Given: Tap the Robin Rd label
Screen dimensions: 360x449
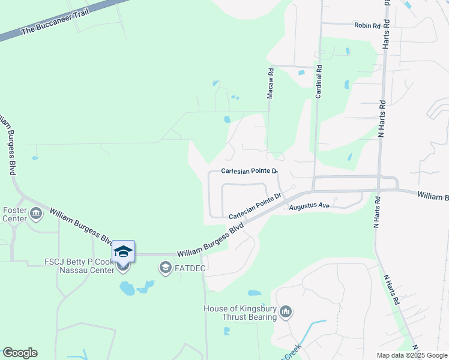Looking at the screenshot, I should tap(367, 25).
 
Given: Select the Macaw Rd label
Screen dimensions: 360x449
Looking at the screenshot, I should tap(271, 83).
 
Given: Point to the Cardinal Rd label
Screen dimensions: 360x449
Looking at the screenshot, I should tap(319, 82).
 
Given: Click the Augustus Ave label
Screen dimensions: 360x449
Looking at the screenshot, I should tap(309, 206).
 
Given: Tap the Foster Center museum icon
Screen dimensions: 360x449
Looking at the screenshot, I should tap(36, 212).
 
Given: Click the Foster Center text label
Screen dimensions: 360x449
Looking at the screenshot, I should tap(15, 214).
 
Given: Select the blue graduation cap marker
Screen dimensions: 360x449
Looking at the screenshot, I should tap(123, 251).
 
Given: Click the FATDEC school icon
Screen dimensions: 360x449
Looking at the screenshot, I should tap(166, 268).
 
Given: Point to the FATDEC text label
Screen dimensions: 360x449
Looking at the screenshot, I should tap(190, 268).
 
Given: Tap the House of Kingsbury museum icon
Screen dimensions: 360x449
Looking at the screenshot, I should tap(286, 312).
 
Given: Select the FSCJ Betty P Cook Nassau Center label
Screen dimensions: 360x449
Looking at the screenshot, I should tap(79, 266).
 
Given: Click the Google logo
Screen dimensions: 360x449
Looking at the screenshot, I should tap(20, 353).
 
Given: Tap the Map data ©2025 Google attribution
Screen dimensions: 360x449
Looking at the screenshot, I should tap(412, 355).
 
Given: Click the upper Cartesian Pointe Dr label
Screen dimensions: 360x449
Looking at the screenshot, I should tap(249, 171).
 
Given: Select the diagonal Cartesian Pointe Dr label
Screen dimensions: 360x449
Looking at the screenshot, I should tap(255, 205).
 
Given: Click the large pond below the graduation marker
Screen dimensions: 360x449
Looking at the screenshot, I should tap(127, 289).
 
